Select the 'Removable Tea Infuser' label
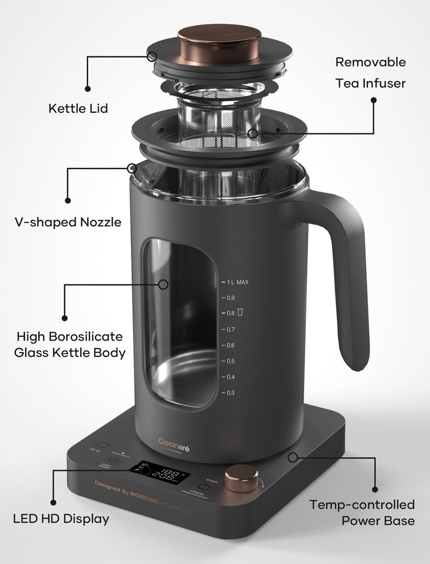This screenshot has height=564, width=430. click(370, 72)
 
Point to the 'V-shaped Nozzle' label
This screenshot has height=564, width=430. click(68, 222)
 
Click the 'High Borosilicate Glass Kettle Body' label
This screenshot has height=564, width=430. click(70, 345)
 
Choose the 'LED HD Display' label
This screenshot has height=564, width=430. click(61, 518)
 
